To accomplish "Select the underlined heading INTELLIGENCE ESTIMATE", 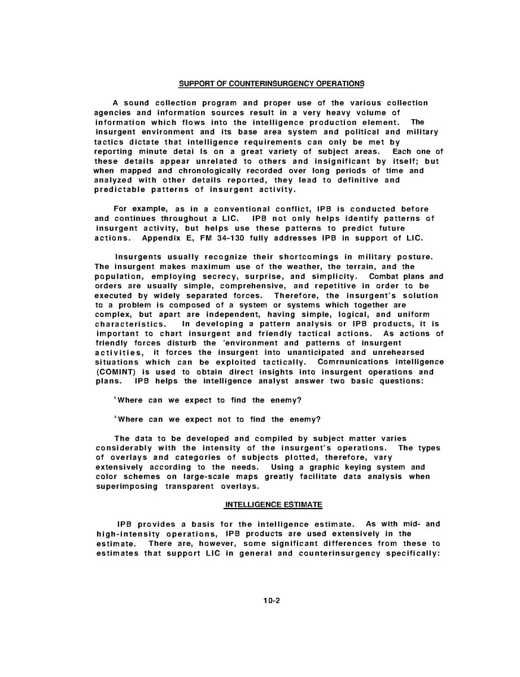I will (274, 504).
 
